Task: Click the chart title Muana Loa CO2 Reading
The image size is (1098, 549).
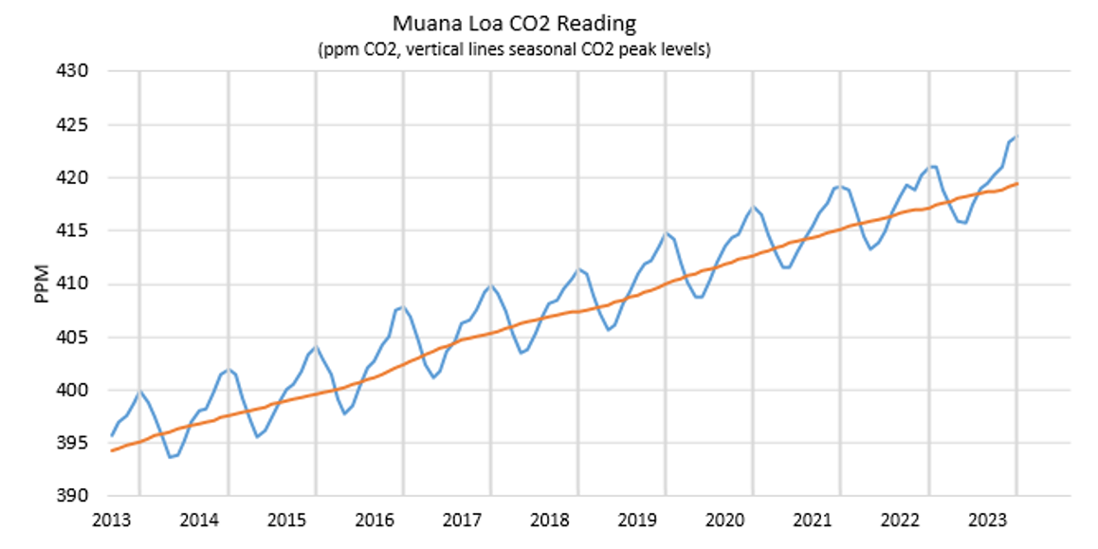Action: point(515,21)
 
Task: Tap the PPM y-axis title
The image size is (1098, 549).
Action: point(42,284)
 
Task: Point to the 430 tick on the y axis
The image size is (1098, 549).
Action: point(76,71)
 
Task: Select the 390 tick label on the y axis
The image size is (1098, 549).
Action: point(76,496)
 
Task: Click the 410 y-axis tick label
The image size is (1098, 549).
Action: point(76,284)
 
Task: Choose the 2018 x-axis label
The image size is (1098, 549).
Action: point(550,520)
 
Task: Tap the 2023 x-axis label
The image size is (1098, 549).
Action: point(989,520)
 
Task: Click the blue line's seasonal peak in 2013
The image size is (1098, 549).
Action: point(140,391)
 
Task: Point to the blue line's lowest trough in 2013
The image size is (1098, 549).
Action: point(171,457)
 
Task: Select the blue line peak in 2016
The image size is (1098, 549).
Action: point(404,306)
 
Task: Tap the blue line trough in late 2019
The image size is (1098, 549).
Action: point(700,297)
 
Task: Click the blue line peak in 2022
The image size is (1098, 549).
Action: point(933,166)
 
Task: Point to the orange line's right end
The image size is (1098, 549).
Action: point(1017,183)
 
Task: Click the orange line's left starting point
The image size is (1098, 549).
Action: point(111,450)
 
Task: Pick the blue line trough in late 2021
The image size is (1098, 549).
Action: point(871,248)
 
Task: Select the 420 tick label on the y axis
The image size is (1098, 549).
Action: point(76,177)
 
